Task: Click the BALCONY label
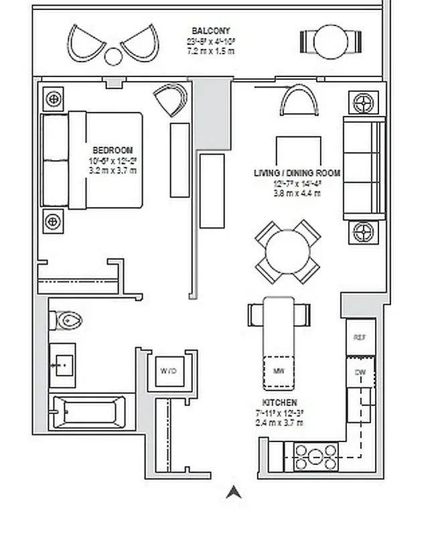tap(210, 31)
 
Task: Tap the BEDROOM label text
tap(113, 150)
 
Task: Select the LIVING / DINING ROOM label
tap(297, 173)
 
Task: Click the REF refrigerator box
tap(360, 338)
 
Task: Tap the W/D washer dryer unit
tap(167, 371)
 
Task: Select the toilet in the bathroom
tap(66, 322)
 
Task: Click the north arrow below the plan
tap(233, 493)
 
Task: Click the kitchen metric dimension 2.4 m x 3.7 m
tap(279, 423)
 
